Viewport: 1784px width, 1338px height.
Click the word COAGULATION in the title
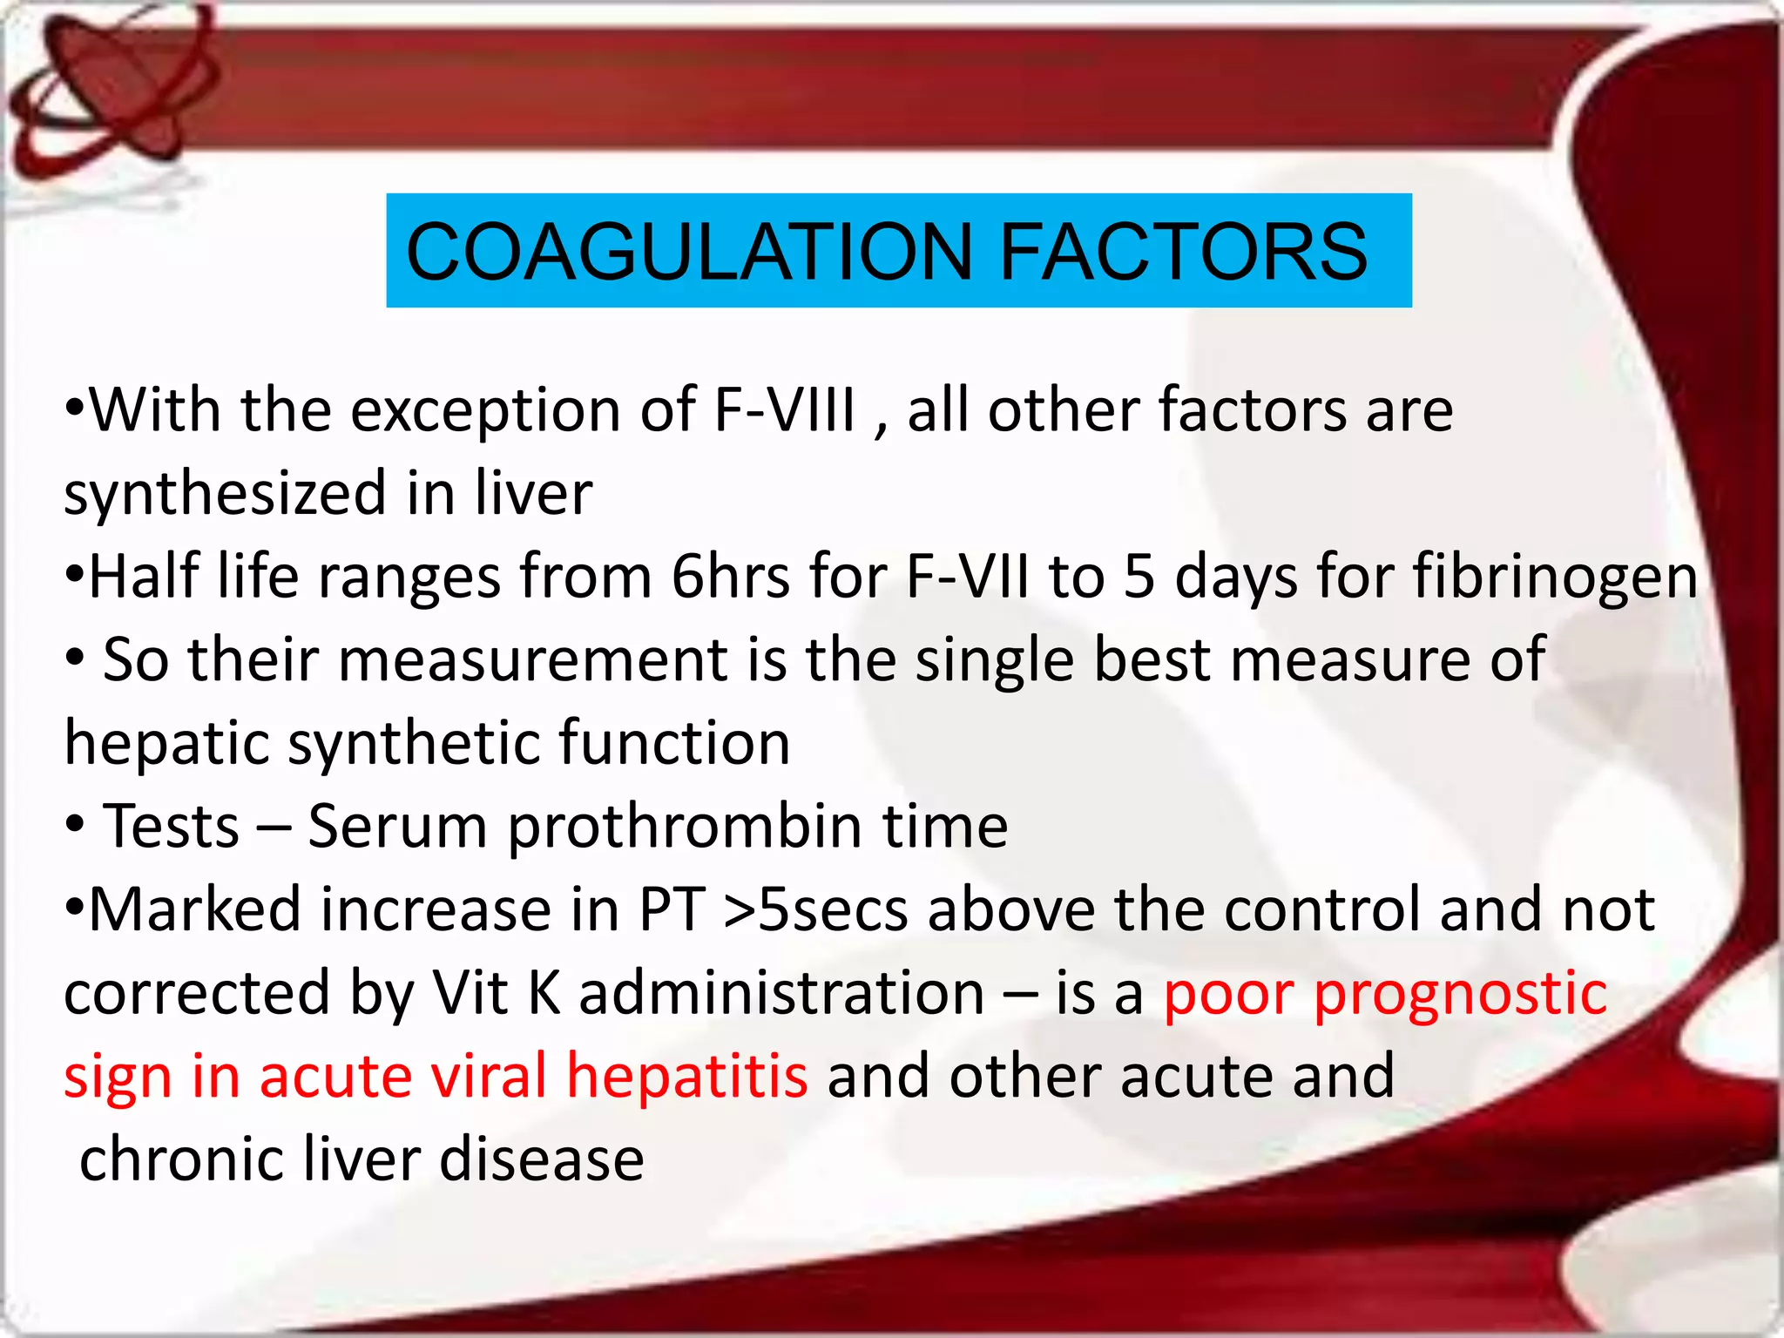(x=688, y=252)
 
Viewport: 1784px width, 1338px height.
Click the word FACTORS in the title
(x=1183, y=252)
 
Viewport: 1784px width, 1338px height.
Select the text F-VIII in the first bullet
(x=784, y=409)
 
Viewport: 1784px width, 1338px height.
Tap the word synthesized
(x=225, y=494)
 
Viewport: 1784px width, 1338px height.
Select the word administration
(x=781, y=993)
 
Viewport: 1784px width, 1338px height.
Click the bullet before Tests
(x=76, y=824)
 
